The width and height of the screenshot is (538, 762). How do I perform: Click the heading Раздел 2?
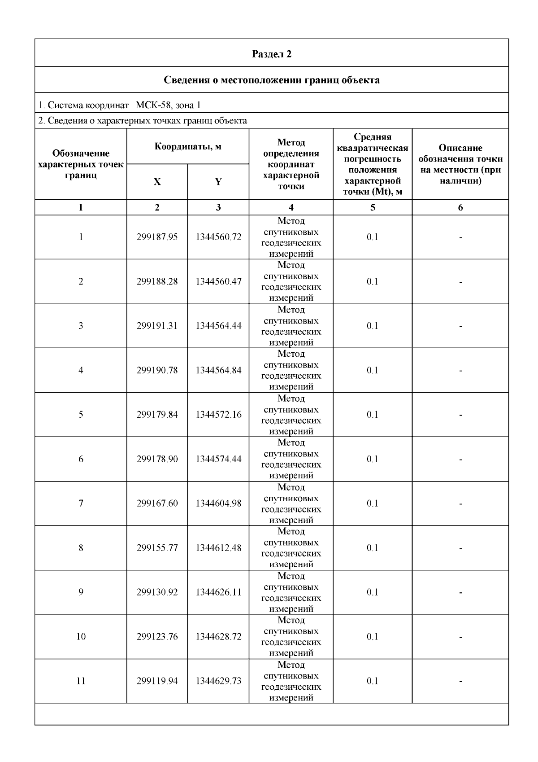coord(272,54)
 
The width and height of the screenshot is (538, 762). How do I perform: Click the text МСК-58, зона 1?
coord(168,105)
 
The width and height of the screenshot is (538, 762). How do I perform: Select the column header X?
coord(157,182)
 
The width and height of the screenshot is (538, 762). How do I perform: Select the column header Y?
coord(218,182)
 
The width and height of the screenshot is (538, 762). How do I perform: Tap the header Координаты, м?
coord(188,146)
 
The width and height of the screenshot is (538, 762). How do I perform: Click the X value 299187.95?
coord(157,237)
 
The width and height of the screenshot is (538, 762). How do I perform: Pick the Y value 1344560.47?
coord(218,281)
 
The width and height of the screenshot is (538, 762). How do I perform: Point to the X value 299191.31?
coord(157,326)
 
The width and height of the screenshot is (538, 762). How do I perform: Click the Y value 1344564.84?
coord(218,370)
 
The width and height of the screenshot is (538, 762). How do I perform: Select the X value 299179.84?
coord(157,415)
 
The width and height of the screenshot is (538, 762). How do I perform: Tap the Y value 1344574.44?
coord(218,459)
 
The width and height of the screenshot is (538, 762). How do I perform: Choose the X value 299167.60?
coord(157,504)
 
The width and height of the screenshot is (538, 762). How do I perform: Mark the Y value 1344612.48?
coord(218,548)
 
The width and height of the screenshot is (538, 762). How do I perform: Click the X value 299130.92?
coord(157,592)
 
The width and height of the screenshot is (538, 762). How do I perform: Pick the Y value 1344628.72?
coord(218,637)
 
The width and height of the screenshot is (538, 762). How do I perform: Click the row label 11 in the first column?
coord(81,681)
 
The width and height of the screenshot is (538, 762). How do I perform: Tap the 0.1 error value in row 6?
coord(373,459)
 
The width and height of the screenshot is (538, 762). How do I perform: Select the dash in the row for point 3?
coord(460,326)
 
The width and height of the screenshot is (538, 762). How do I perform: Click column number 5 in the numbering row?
coord(373,207)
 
